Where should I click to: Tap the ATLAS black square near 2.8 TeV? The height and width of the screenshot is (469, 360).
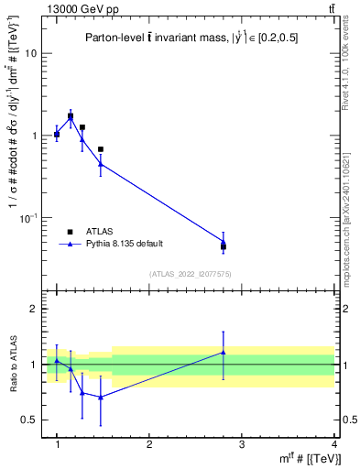coord(224,246)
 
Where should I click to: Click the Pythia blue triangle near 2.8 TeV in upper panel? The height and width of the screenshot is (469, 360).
coord(224,242)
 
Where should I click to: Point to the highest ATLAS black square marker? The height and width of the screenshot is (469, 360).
coord(71,116)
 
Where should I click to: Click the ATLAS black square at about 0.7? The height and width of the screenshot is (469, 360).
coord(101,148)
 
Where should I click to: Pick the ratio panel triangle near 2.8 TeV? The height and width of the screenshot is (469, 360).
coord(224,352)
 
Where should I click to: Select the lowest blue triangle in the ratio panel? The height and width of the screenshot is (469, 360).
coord(101,397)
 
